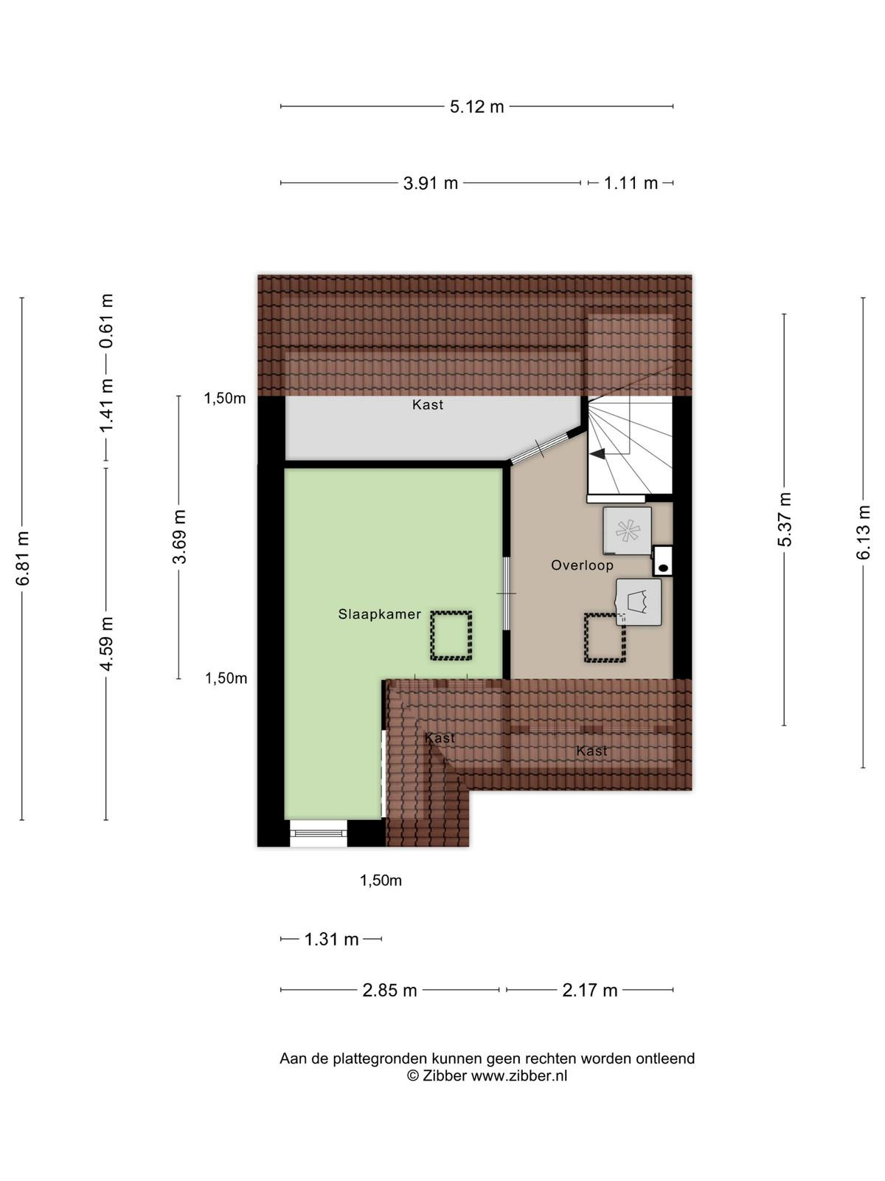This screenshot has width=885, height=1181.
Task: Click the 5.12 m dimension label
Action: point(476,106)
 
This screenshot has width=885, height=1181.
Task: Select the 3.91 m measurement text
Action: point(431,184)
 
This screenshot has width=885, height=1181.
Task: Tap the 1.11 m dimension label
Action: point(631,184)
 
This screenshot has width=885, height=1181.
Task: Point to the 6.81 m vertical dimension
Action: point(22,558)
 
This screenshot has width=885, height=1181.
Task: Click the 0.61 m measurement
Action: point(106,320)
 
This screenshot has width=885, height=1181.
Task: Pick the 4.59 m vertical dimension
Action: point(106,644)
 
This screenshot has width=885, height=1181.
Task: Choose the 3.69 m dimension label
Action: point(179,537)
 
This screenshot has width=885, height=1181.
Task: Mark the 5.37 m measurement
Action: point(785,519)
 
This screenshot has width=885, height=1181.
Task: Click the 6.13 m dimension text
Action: point(863,532)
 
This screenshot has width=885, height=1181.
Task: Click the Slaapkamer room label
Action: point(379,614)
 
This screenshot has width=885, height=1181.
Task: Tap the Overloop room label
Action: point(582,565)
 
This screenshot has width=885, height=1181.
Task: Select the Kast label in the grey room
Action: point(428,404)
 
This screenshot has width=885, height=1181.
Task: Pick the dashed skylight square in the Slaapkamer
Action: point(451,636)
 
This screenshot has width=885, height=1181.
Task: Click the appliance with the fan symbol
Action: point(627,531)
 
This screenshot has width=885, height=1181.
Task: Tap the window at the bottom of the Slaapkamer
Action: point(319,833)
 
